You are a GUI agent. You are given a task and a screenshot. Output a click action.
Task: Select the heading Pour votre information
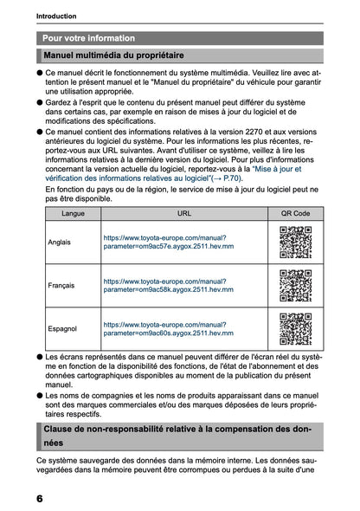(x=88, y=38)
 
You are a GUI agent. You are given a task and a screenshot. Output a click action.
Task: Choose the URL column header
(x=183, y=212)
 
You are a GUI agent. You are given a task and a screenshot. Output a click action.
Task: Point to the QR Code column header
(x=295, y=212)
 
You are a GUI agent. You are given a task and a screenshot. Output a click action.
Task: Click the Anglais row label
(x=60, y=242)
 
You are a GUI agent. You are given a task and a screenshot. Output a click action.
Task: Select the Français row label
(x=61, y=286)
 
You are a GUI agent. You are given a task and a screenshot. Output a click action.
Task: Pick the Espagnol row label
(x=61, y=329)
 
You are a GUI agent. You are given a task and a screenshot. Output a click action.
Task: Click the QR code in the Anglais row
(x=295, y=242)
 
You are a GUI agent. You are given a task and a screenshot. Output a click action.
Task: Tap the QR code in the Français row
(x=295, y=286)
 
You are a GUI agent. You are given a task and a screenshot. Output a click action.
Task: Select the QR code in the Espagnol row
(x=295, y=329)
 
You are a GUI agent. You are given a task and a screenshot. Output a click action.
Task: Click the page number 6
(x=40, y=499)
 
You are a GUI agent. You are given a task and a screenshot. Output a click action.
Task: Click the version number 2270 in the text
(x=266, y=132)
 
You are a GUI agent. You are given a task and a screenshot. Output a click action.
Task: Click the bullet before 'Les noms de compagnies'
(x=40, y=394)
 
